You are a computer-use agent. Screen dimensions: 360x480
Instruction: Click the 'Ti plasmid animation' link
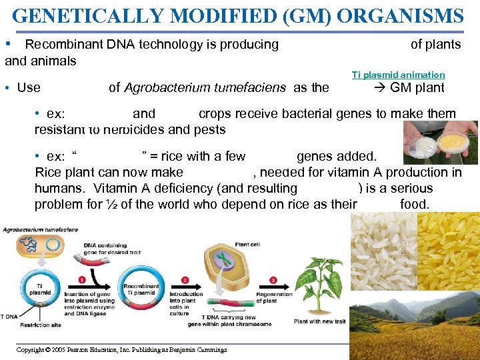click(398, 75)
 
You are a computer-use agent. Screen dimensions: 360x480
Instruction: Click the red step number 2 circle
click(185, 279)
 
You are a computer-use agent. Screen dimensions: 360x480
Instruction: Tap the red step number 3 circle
click(273, 279)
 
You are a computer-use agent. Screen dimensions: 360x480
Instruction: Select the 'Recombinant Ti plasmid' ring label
click(141, 289)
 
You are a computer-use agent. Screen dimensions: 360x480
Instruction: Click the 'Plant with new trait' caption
click(320, 322)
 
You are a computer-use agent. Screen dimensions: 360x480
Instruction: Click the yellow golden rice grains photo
click(447, 253)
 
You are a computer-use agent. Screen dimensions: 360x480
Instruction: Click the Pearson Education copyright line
click(121, 350)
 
